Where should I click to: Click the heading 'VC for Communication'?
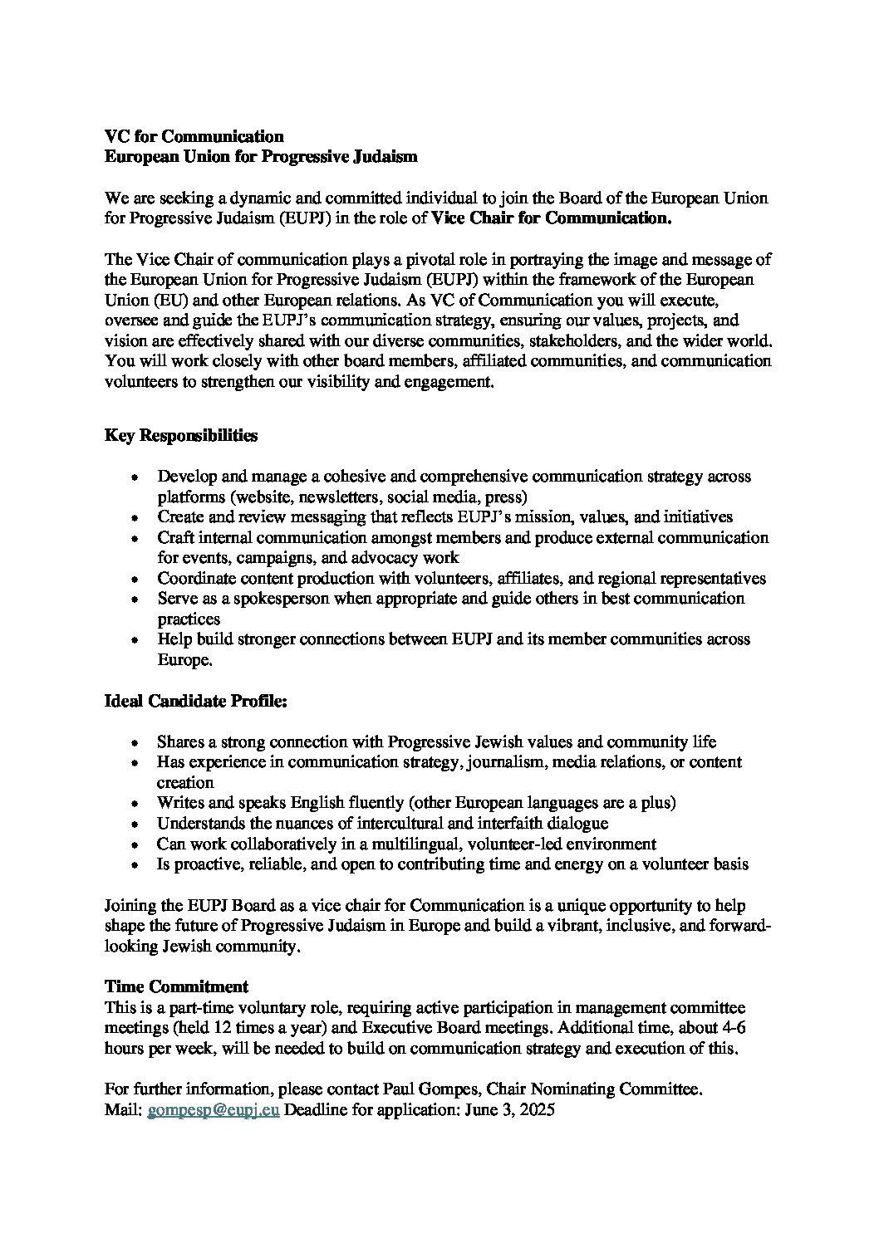[x=194, y=136]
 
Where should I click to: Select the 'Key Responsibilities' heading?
[x=180, y=435]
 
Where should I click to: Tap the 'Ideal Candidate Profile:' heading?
[x=195, y=701]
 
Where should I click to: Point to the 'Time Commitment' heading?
[x=176, y=986]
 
